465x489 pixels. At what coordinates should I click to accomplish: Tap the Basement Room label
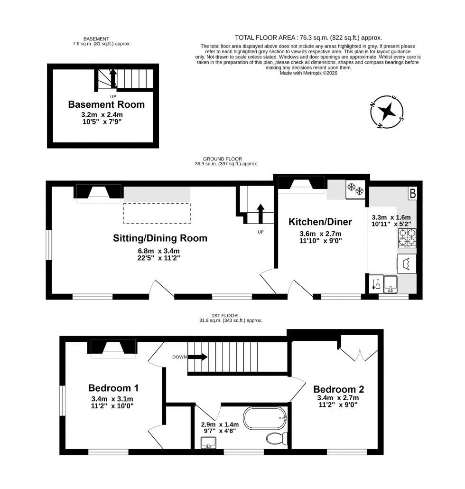tap(106, 104)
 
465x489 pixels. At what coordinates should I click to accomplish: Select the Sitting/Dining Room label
tap(160, 238)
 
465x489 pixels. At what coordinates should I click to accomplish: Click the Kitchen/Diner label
tap(320, 221)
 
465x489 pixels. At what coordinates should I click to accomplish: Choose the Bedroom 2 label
tap(338, 390)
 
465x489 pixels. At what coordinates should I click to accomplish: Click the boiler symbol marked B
tap(412, 193)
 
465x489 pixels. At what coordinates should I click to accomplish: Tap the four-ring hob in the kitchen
tap(406, 238)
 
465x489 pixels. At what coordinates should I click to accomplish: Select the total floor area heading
tap(308, 38)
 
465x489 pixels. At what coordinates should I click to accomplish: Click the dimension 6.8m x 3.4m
tap(158, 251)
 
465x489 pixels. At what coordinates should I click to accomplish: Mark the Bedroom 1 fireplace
tap(112, 348)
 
